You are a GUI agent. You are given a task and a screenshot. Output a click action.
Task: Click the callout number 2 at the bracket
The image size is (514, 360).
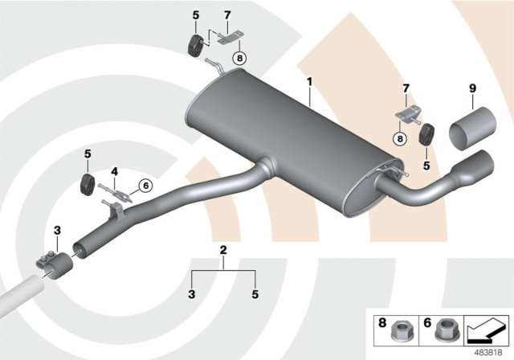tap(224, 252)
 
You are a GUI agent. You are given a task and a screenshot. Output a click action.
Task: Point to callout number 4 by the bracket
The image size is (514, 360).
tap(115, 170)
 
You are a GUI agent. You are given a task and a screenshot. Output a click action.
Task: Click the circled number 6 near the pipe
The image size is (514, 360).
tap(145, 186)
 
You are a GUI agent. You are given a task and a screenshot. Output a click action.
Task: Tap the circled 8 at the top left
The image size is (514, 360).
tap(239, 58)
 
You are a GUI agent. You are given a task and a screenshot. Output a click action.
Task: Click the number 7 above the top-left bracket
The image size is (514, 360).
tap(227, 15)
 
